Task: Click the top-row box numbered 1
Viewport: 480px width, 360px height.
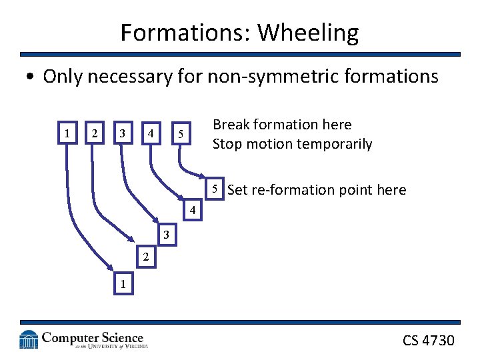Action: tap(67, 133)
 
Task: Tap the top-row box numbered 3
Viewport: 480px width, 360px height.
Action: tap(121, 133)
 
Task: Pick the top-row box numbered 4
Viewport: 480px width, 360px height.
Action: tap(151, 133)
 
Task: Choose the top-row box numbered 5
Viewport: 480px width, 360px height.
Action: tap(180, 134)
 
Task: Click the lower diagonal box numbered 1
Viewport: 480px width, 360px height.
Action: tap(122, 283)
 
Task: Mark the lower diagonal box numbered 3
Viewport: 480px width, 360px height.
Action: tap(167, 235)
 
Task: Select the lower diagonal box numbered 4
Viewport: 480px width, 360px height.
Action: tap(192, 211)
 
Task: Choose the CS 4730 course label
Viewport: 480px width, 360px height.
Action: tap(428, 341)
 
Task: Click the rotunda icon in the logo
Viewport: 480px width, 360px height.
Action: tap(29, 340)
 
